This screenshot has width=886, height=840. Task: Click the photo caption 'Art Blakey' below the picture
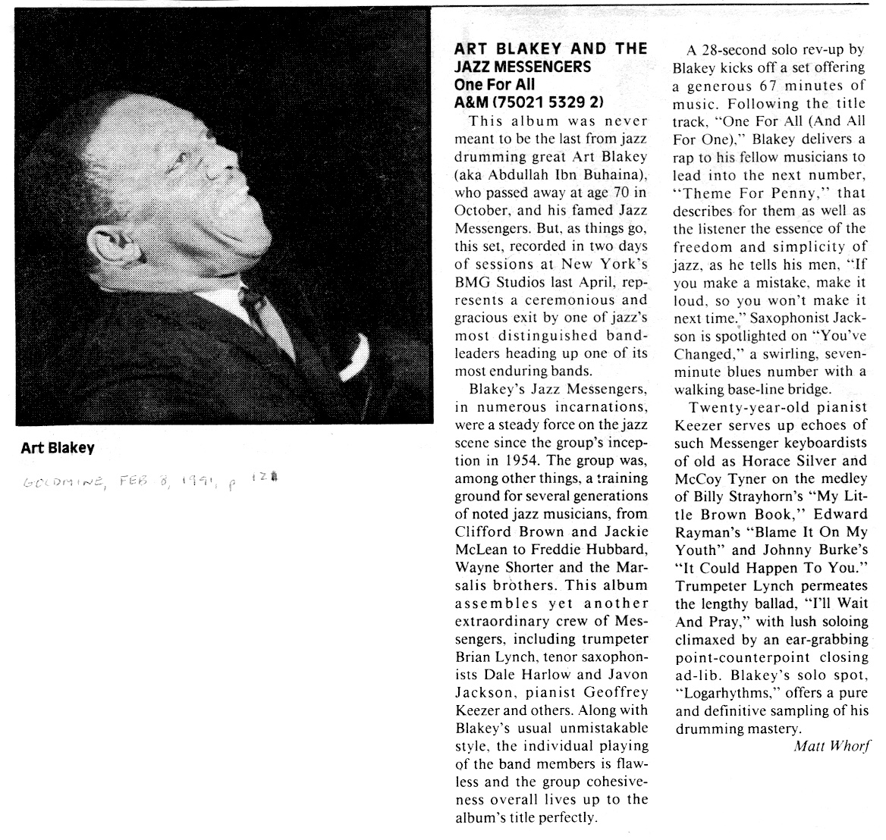(x=58, y=448)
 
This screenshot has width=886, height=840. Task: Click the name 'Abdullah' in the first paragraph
(x=529, y=176)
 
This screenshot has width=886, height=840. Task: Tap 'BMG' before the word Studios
(x=470, y=282)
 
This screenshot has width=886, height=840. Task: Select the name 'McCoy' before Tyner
(x=695, y=478)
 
